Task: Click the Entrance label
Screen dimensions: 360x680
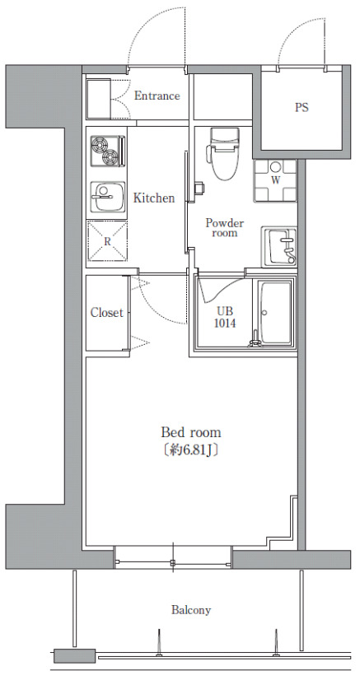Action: click(157, 95)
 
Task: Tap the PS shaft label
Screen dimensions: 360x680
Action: click(302, 108)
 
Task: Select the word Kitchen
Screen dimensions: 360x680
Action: click(154, 198)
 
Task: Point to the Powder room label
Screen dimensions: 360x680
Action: click(225, 228)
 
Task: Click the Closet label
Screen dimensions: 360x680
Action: click(107, 312)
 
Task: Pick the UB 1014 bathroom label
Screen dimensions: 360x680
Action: click(226, 317)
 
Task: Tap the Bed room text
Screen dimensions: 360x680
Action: click(191, 432)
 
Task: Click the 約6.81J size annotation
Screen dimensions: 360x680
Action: click(191, 450)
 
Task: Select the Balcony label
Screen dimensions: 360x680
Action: click(191, 610)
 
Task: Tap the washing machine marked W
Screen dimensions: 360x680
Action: click(275, 181)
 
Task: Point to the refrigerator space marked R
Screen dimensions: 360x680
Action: click(107, 241)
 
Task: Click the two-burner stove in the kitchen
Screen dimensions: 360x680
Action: click(108, 151)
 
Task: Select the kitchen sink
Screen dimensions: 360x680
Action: click(108, 197)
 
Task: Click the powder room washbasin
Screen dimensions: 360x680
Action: click(279, 247)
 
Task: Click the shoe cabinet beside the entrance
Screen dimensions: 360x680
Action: click(98, 99)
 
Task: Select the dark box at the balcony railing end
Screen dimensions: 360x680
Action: click(74, 655)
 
